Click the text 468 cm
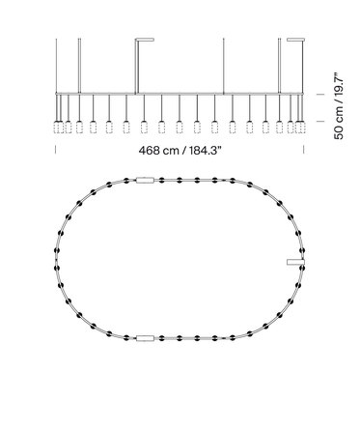tap(158, 150)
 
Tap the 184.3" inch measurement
tap(206, 150)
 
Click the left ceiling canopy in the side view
tap(145, 40)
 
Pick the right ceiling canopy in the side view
tap(295, 40)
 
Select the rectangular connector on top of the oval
tap(145, 180)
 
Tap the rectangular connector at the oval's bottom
tap(145, 338)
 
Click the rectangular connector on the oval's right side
tap(295, 262)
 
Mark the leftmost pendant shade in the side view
tap(57, 128)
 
